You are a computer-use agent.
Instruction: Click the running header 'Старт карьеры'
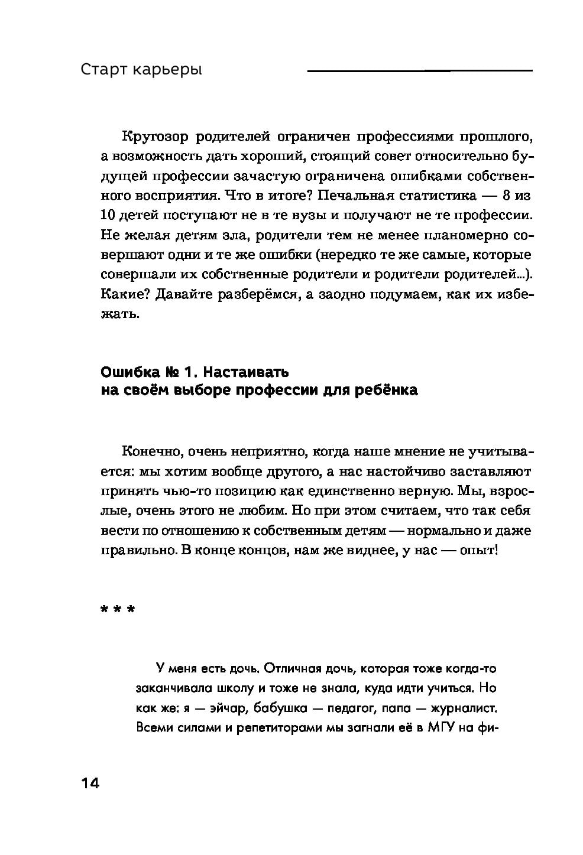click(x=141, y=70)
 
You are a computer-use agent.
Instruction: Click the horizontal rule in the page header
click(x=419, y=71)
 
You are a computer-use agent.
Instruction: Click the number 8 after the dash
click(x=510, y=196)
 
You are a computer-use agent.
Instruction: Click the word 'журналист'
click(x=463, y=707)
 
